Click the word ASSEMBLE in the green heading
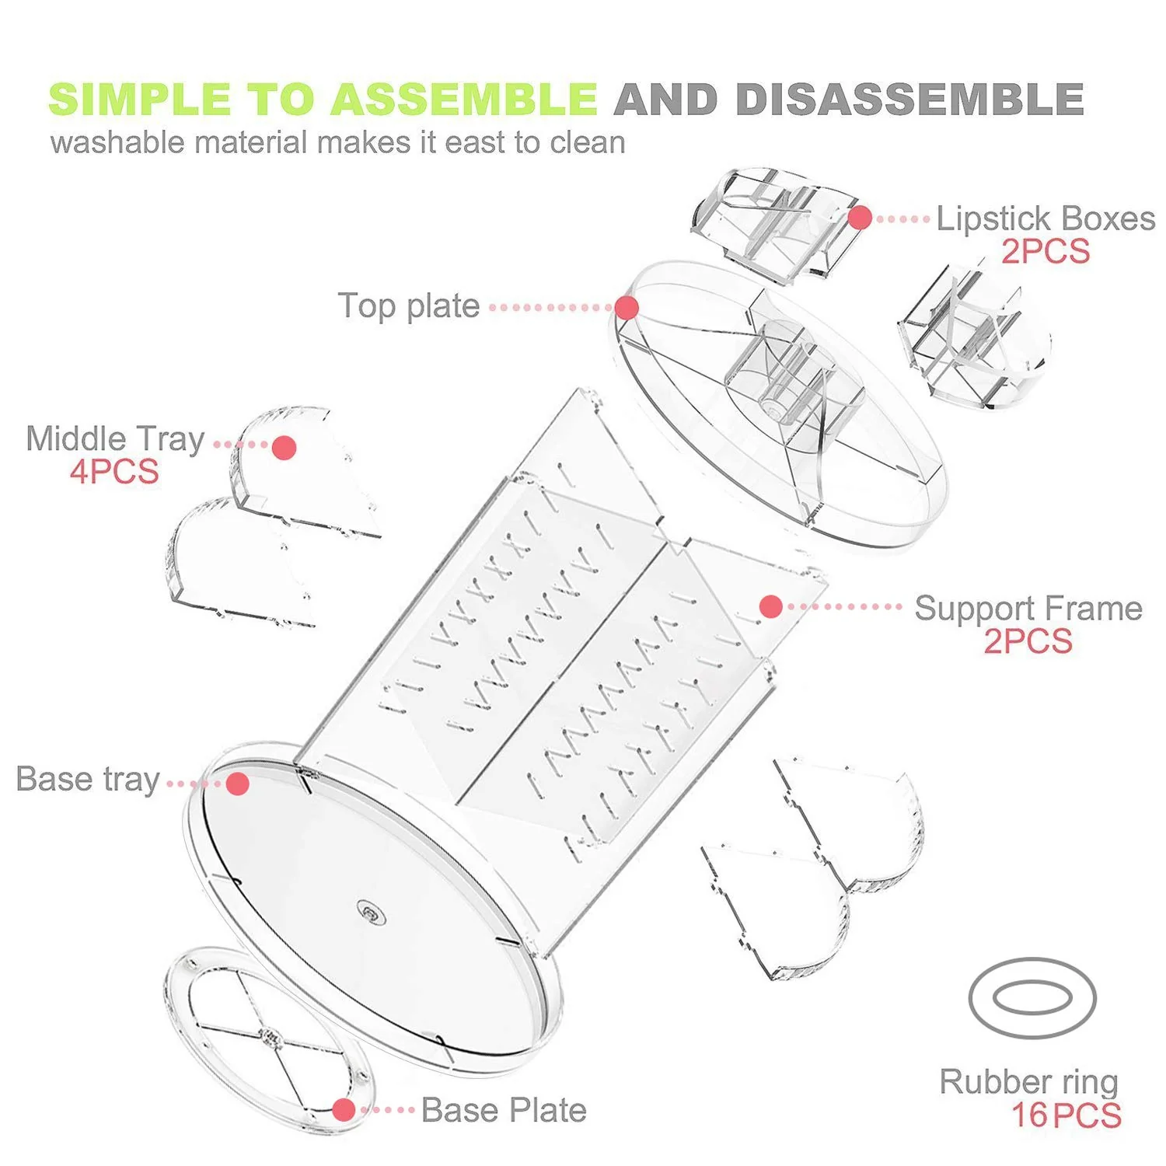pos(465,99)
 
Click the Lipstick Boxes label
pos(1046,218)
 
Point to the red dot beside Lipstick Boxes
pos(860,218)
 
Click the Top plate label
pos(408,306)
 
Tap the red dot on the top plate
pos(627,308)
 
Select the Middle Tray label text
pos(115,439)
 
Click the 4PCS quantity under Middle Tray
pos(114,472)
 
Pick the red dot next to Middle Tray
pos(285,448)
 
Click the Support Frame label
pos(1028,609)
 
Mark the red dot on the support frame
pos(771,607)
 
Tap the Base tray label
pos(88,780)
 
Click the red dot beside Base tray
pos(238,784)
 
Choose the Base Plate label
pos(504,1111)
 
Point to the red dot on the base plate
pos(344,1110)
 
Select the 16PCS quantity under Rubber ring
pos(1067,1115)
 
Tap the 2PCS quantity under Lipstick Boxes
pos(1046,252)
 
